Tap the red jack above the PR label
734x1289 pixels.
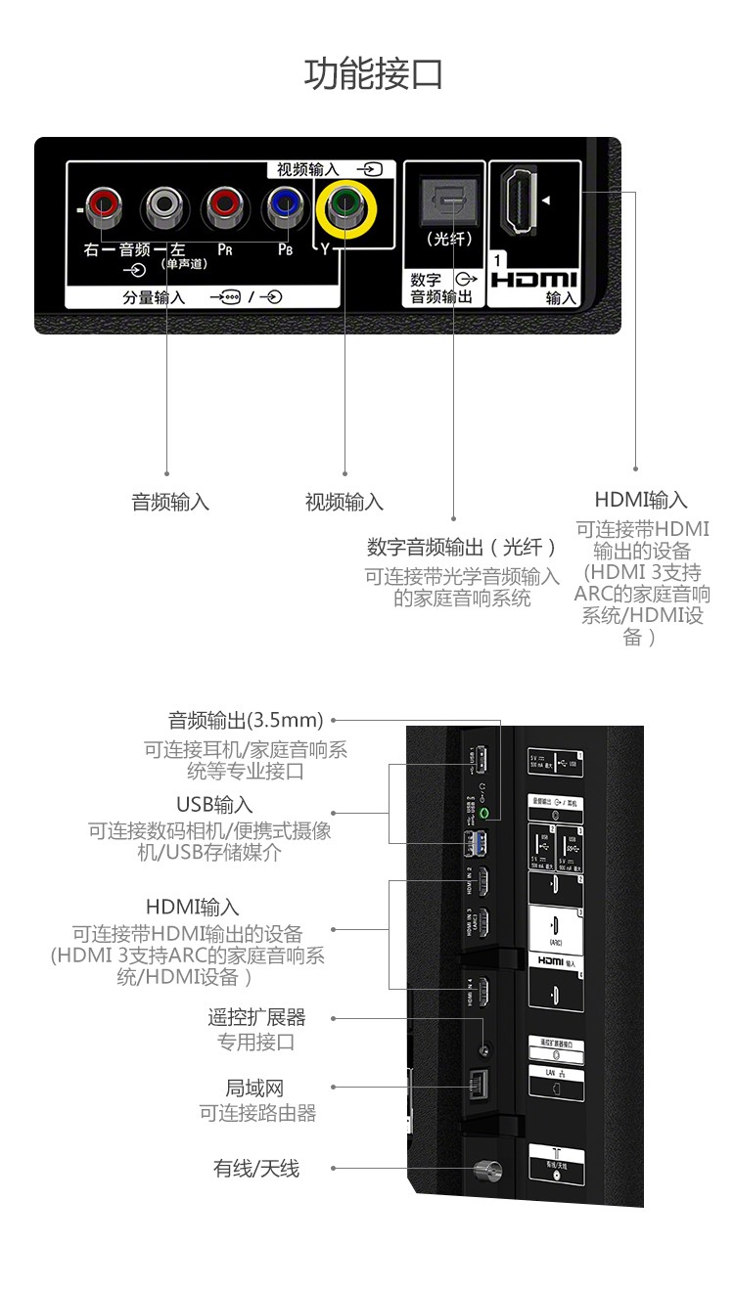(x=222, y=206)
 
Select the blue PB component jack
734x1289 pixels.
(x=284, y=206)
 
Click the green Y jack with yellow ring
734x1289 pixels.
(x=344, y=207)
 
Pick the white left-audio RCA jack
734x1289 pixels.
(x=162, y=206)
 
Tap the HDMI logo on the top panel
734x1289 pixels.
(x=534, y=280)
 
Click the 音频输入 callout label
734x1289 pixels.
(x=170, y=503)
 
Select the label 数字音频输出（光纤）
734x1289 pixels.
(x=462, y=548)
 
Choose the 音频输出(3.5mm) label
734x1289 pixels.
(x=246, y=721)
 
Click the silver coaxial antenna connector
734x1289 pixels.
(x=482, y=1169)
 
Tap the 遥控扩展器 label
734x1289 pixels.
(x=256, y=1018)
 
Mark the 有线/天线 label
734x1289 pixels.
(x=256, y=1168)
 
